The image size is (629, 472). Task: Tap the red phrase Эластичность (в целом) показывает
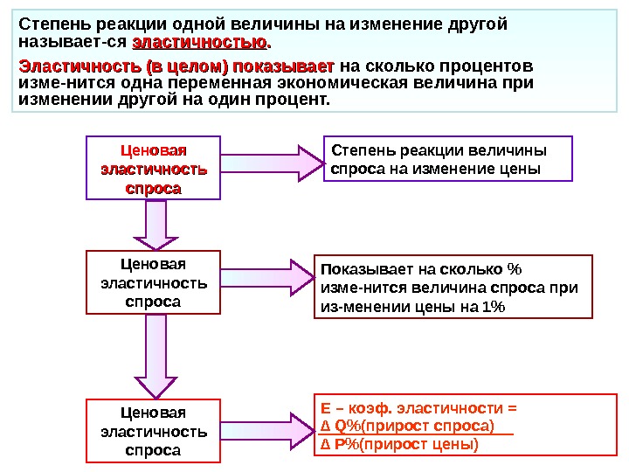click(x=176, y=66)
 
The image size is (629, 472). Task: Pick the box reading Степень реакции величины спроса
click(x=447, y=158)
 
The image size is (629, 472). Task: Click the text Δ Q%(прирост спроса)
click(x=407, y=426)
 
